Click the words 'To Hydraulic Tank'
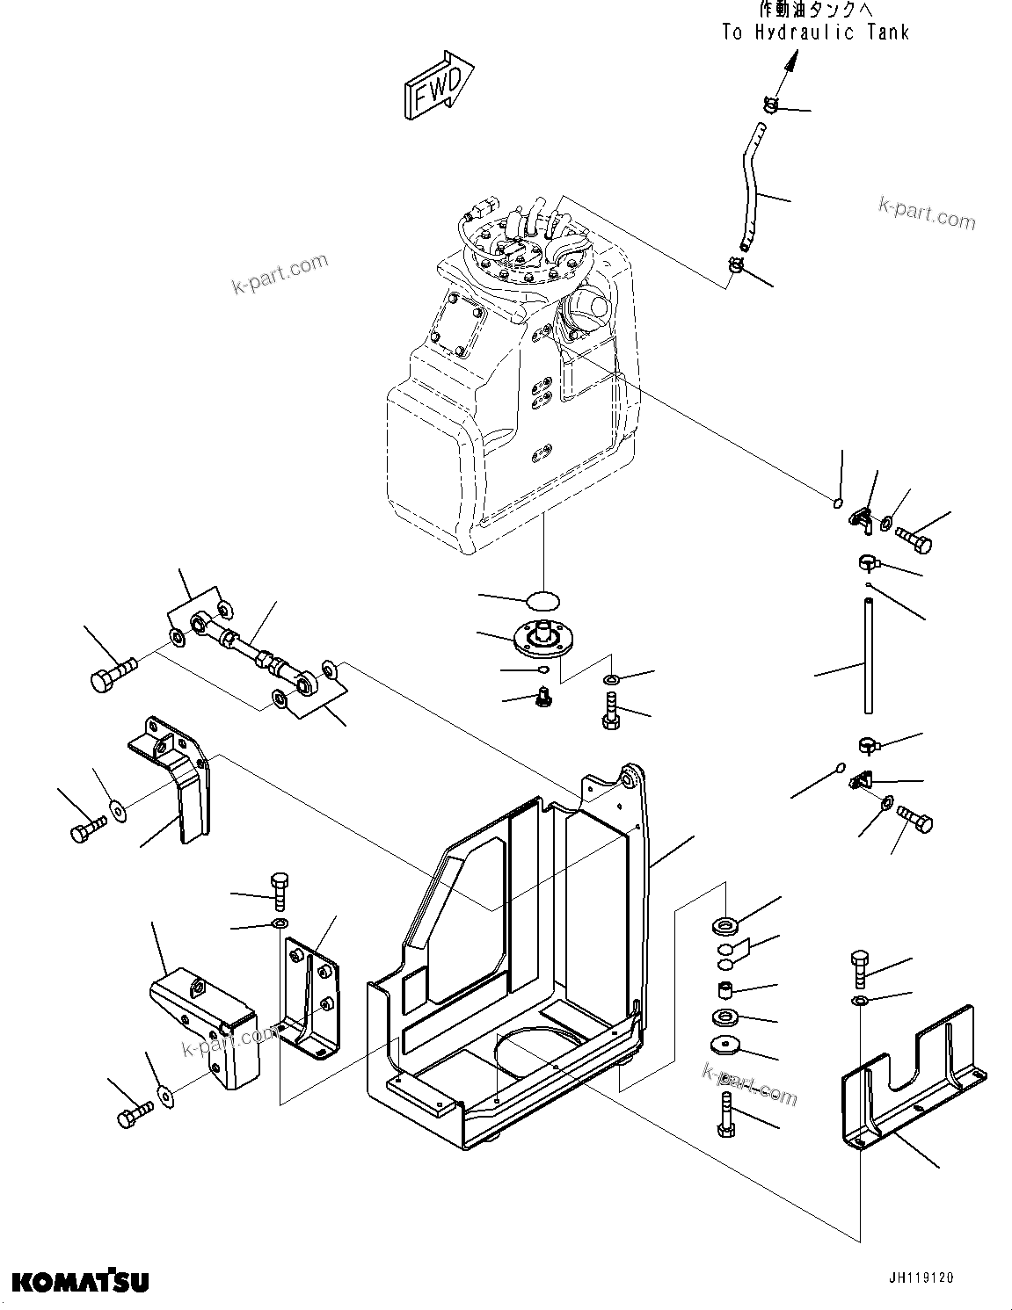[x=815, y=33]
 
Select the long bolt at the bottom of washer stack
[x=725, y=1111]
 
